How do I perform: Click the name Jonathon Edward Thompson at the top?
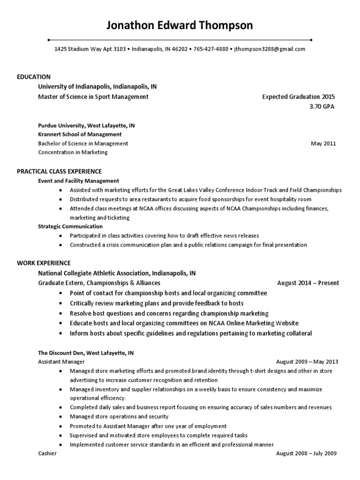[180, 25]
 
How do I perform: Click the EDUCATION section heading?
[34, 77]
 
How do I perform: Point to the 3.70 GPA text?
[322, 106]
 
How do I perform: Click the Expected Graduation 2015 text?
[299, 97]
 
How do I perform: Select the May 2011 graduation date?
[323, 143]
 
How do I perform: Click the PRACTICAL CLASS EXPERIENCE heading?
[60, 172]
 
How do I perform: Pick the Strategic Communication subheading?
[70, 226]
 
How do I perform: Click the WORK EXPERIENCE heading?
[44, 263]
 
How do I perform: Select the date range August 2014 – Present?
[308, 283]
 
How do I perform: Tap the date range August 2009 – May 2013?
[307, 362]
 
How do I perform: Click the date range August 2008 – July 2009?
[307, 453]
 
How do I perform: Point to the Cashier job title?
[47, 453]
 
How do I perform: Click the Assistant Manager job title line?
[61, 362]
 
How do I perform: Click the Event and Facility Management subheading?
[78, 180]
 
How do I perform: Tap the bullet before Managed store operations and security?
[61, 417]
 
